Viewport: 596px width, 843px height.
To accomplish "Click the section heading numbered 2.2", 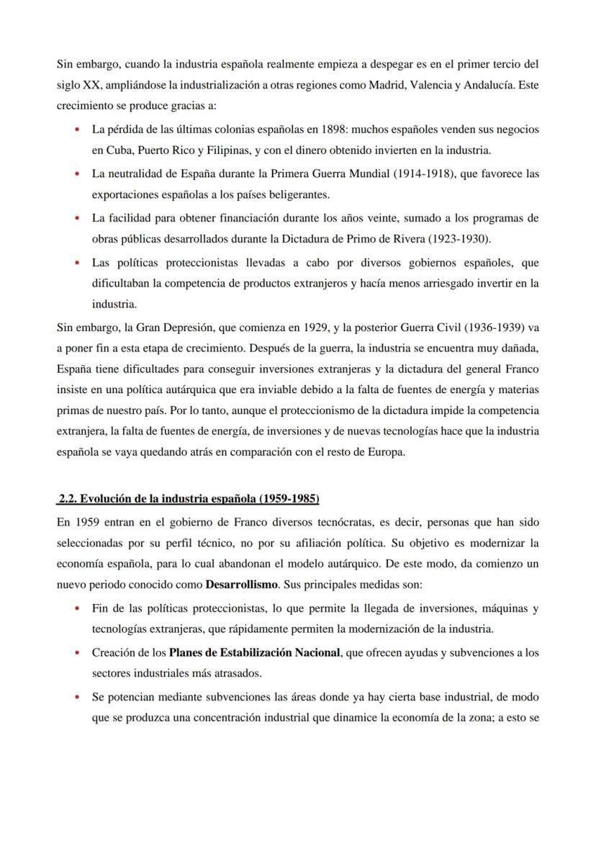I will click(189, 499).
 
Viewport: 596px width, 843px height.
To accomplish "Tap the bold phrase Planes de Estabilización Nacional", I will click(254, 653).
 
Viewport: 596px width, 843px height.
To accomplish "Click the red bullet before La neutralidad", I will click(77, 173).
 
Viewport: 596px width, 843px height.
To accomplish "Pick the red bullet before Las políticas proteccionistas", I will click(77, 262).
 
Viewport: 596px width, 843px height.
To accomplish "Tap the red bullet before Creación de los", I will click(77, 653).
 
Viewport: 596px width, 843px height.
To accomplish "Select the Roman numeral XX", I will click(91, 85).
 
